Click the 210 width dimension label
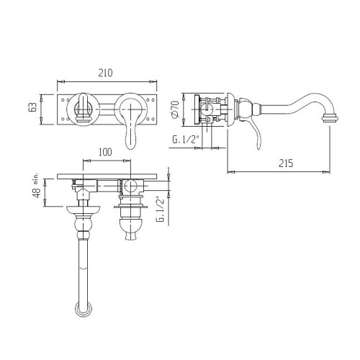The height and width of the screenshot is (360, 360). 105,73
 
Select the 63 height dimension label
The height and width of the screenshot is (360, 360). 32,107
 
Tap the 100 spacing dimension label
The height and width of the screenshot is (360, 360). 105,152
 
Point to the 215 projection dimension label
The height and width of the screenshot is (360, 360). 286,163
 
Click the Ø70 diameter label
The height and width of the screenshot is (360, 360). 175,109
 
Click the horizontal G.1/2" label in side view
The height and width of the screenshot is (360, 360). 186,140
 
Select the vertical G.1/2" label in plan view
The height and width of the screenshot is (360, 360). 161,209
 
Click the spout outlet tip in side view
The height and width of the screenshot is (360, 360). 330,119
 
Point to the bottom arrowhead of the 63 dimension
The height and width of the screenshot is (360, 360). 42,121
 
